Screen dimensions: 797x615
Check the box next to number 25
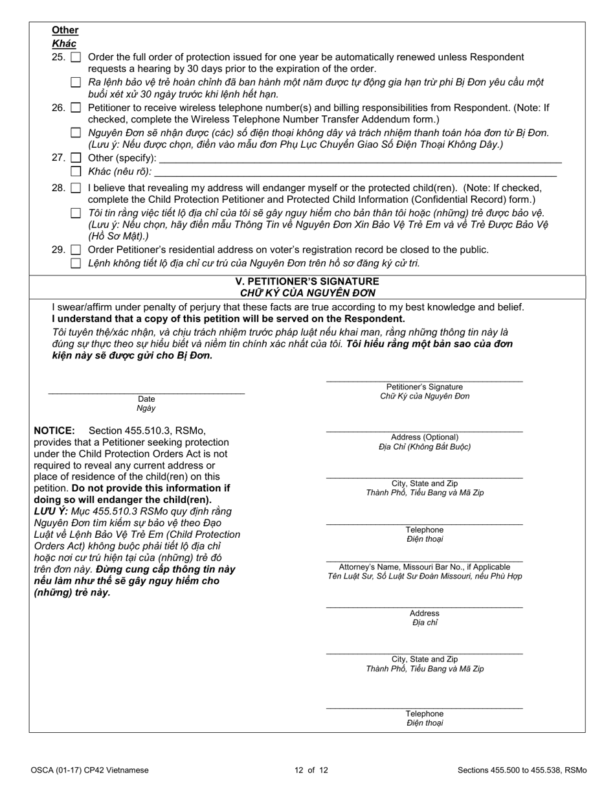click(x=76, y=57)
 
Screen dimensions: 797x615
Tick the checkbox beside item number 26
click(x=76, y=108)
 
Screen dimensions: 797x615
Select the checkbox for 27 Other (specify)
click(x=76, y=158)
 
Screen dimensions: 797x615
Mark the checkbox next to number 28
click(x=76, y=189)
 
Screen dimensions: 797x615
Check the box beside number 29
click(x=76, y=250)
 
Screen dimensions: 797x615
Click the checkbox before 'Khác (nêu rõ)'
click(x=76, y=172)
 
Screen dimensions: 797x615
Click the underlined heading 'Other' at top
click(x=65, y=30)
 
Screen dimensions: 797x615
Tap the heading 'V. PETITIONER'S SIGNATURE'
click(x=307, y=282)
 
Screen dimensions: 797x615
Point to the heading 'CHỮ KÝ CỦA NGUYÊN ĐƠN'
click(x=307, y=292)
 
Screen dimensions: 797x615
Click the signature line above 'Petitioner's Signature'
click(x=424, y=379)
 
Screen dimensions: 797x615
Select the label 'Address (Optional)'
click(x=424, y=437)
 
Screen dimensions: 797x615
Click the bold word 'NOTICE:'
click(x=54, y=431)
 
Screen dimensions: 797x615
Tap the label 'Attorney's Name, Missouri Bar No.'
click(x=424, y=567)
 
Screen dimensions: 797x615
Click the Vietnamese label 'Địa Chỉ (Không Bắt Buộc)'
click(x=424, y=447)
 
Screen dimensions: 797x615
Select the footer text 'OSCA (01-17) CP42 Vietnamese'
click(x=89, y=770)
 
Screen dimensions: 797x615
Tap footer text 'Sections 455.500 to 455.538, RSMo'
click(x=522, y=770)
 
